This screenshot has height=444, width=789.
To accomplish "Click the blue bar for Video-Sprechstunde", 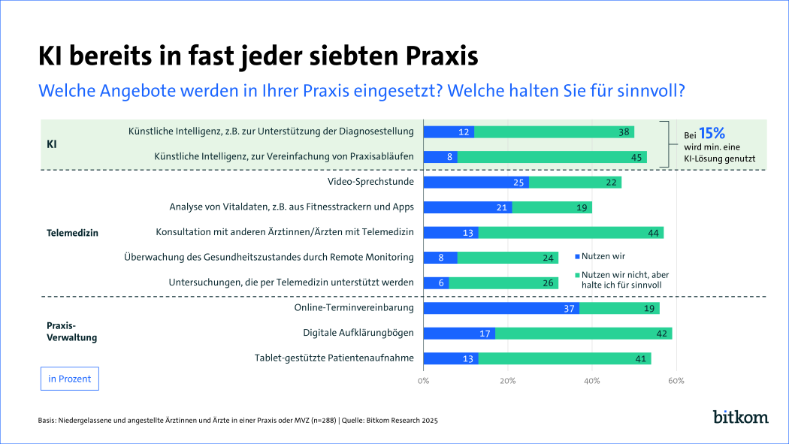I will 476,183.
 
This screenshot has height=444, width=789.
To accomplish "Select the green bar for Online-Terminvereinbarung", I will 619,308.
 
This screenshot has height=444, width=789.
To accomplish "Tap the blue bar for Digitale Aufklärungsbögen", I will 459,333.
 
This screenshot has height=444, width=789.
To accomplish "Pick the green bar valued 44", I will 570,233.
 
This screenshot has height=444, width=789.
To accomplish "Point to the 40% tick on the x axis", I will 592,381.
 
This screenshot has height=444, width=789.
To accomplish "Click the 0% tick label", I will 424,381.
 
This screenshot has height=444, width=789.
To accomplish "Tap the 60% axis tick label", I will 676,381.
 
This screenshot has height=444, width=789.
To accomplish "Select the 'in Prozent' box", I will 69,379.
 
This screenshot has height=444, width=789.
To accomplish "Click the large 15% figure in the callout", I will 714,133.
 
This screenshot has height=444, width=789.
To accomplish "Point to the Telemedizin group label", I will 73,233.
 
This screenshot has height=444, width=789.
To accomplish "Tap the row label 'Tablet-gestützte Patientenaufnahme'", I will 334,358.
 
